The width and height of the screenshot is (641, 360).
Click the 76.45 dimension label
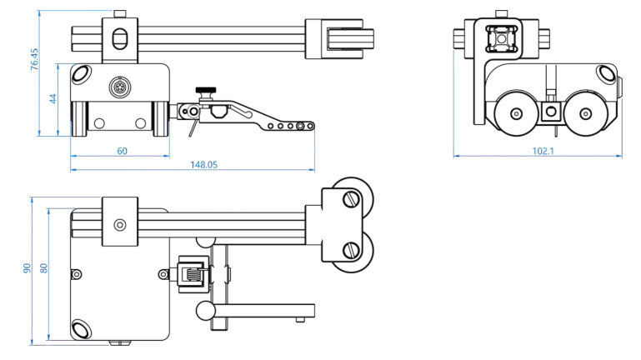point(34,60)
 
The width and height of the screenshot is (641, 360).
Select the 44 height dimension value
point(53,98)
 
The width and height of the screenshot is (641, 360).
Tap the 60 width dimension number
point(123,151)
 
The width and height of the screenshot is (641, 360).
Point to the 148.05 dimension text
point(204,165)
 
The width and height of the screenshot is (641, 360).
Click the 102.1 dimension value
point(543,151)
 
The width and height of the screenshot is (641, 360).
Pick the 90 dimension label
point(27,268)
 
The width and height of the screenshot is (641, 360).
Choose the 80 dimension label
point(43,268)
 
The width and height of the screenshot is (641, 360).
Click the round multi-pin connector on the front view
point(119,87)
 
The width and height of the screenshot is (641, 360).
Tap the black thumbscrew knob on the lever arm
point(206,90)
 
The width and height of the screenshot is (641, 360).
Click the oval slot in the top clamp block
point(120,38)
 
